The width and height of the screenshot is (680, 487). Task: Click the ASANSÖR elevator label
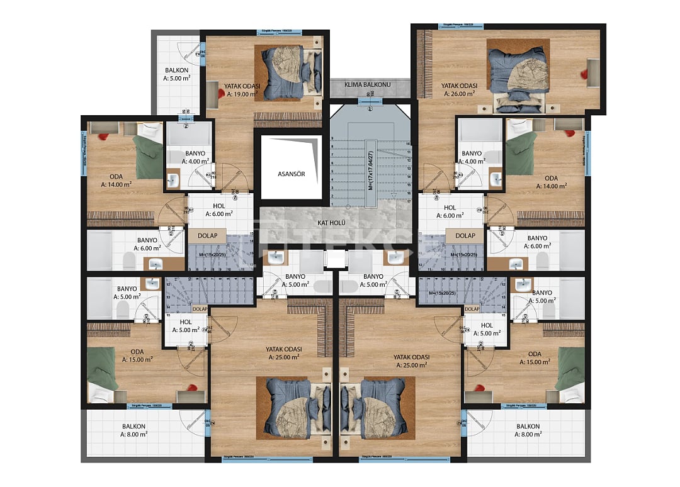(291, 174)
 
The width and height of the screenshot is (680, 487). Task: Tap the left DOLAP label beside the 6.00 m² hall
(207, 235)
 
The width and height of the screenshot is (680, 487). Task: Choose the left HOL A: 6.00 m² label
(218, 210)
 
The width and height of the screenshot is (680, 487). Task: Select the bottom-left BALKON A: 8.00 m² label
(133, 430)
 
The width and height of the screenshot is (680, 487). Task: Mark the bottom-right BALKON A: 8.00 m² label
(528, 430)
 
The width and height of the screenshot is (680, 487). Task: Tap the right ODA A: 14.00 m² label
(551, 182)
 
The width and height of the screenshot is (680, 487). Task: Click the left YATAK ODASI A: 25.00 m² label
(283, 353)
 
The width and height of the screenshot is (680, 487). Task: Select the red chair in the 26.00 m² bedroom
(586, 74)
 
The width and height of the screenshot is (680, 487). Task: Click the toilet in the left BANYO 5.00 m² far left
(123, 308)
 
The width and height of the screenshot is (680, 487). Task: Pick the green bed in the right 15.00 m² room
(570, 368)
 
